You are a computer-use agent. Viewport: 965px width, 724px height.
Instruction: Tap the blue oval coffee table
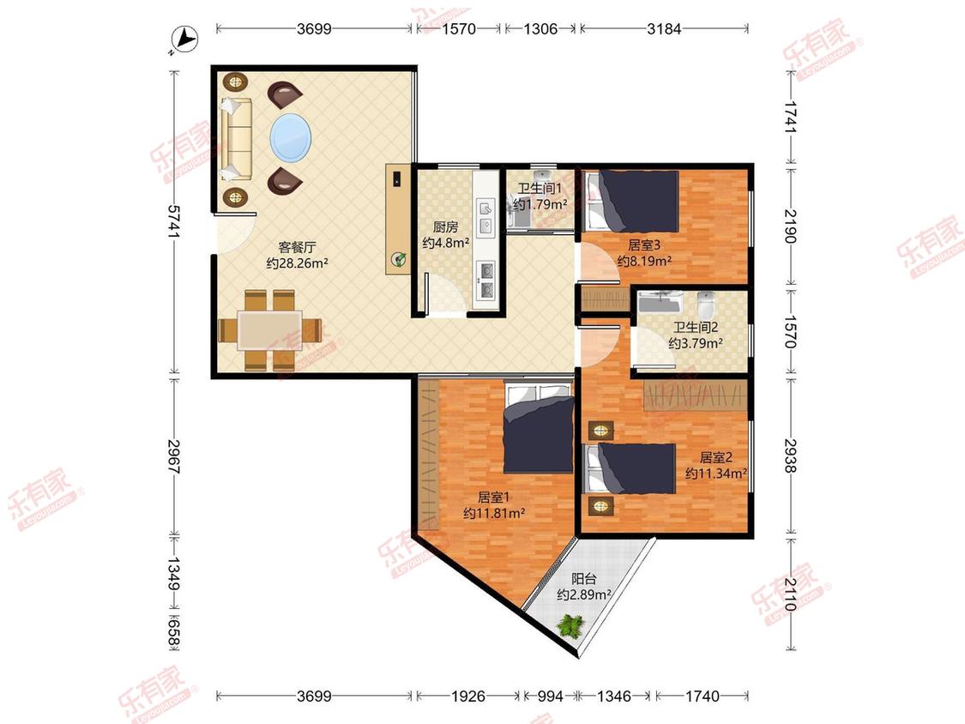[x=291, y=137]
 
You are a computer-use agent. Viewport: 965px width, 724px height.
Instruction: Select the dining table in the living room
[x=270, y=330]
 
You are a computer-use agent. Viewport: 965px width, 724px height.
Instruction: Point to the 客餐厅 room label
[x=298, y=248]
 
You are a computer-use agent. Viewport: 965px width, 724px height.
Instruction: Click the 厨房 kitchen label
[x=445, y=226]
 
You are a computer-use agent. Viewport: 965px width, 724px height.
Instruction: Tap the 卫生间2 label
[x=696, y=328]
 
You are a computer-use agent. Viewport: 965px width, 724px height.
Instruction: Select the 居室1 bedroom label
[x=493, y=497]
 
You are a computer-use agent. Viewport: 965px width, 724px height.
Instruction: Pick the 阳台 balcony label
[x=583, y=579]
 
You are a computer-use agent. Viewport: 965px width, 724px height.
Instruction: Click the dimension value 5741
[x=174, y=222]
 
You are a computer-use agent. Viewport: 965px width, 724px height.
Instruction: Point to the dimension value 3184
[x=664, y=28]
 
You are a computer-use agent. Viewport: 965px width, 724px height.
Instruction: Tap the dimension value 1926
[x=469, y=697]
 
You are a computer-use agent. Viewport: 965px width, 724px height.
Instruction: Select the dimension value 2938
[x=791, y=456]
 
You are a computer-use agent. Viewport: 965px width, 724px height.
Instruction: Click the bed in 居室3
[x=632, y=202]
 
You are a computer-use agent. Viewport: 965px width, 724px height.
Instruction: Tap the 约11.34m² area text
[x=716, y=474]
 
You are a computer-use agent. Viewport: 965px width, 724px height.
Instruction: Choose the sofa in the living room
[x=237, y=138]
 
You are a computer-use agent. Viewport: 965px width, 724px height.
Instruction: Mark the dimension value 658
[x=174, y=633]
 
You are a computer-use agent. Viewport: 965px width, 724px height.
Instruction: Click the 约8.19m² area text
[x=644, y=261]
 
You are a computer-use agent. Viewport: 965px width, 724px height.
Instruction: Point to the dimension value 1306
[x=540, y=28]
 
